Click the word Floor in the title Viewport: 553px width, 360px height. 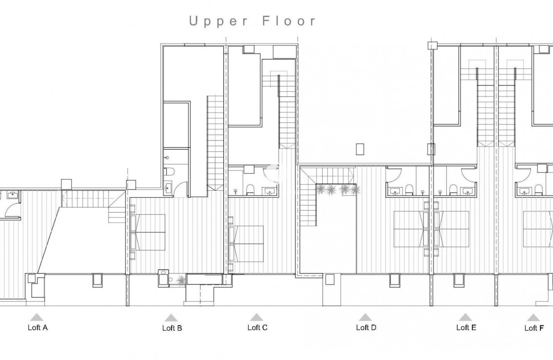tap(289, 21)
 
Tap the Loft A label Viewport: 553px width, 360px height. tap(38, 328)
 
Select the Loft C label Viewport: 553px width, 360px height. tap(257, 328)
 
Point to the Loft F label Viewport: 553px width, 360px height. tap(534, 328)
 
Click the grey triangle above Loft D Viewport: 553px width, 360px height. tap(365, 317)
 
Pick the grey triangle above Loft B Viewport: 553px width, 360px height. tap(171, 318)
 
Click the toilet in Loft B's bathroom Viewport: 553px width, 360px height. tap(169, 171)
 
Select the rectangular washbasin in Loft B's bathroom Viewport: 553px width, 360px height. tap(168, 189)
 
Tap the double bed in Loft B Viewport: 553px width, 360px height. tap(147, 232)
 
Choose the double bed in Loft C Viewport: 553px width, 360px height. tap(246, 244)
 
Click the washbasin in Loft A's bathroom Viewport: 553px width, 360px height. tap(12, 195)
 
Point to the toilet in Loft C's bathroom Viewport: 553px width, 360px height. tap(251, 189)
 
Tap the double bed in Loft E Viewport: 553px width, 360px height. tap(452, 229)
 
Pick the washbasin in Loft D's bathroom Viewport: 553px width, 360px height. tap(395, 191)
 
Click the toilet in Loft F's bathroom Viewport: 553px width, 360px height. tap(539, 189)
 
